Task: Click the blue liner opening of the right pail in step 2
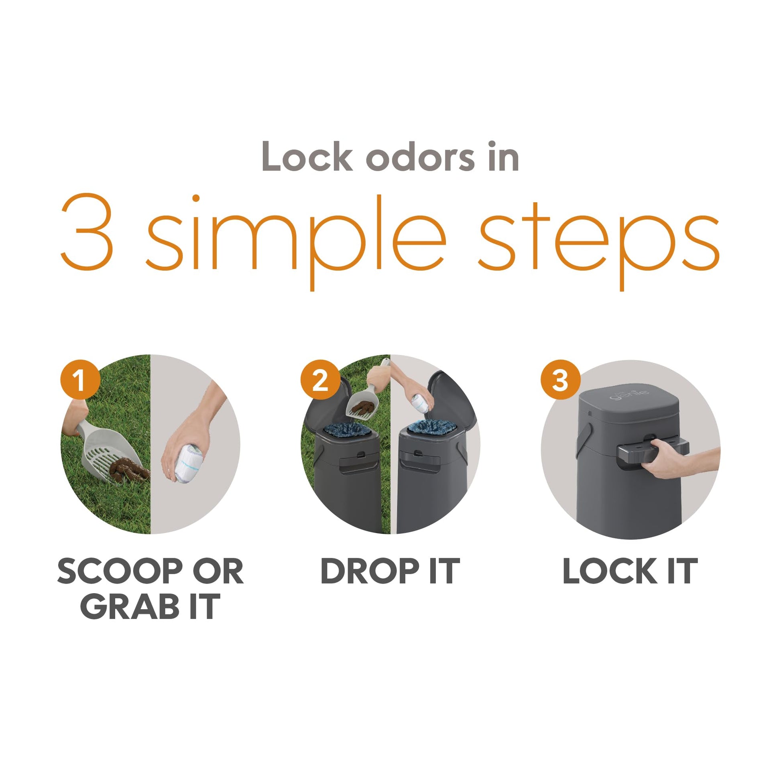tap(431, 428)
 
